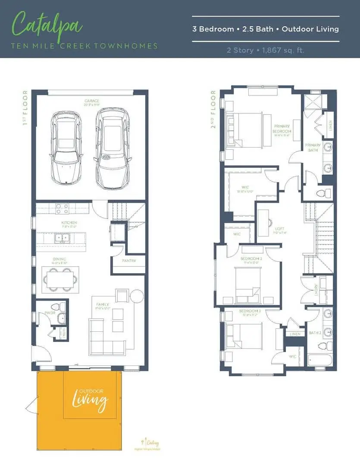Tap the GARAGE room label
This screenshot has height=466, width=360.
coord(91,102)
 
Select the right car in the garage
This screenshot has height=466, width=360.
coord(112,148)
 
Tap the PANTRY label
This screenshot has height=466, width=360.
coord(128,261)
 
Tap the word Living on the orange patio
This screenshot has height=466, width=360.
coord(90,401)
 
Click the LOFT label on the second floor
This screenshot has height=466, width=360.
coord(279,229)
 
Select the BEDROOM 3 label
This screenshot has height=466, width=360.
coord(250,311)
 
